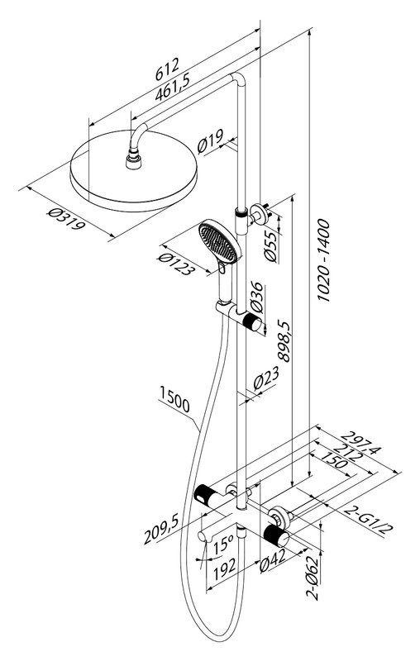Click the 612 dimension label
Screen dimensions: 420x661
[167, 69]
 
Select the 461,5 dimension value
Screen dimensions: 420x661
[173, 87]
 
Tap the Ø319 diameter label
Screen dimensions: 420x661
[66, 219]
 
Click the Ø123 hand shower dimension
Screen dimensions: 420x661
[176, 264]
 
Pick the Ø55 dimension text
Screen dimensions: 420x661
[271, 246]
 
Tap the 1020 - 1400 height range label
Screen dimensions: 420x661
[323, 259]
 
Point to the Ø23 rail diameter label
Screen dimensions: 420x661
[266, 378]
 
